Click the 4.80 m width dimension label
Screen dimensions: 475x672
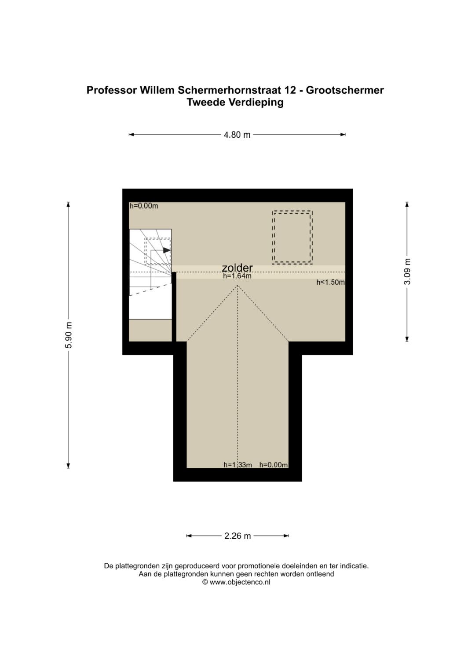(237, 135)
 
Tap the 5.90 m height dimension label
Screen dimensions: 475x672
(69, 335)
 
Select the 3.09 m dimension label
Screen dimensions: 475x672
(407, 272)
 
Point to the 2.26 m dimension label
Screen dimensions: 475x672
(237, 536)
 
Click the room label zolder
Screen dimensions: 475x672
(237, 267)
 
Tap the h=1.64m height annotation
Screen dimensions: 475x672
(237, 276)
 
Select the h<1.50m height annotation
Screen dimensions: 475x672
(330, 282)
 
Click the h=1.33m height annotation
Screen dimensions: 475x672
(238, 465)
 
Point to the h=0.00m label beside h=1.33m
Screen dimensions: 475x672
(274, 465)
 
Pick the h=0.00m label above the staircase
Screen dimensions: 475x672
(144, 206)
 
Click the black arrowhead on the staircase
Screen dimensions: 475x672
(167, 250)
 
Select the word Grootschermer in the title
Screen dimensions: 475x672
(345, 90)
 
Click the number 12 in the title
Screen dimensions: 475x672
(290, 90)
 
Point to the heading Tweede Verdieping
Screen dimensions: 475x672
(235, 102)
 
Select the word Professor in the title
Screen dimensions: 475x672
(112, 90)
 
